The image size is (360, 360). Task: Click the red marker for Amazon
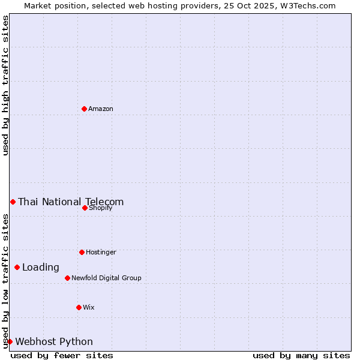84,109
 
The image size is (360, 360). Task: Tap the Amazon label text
101,109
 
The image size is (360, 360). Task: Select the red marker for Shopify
85,208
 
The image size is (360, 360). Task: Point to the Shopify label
101,208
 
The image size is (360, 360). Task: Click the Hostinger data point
82,252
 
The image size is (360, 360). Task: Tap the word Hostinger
101,253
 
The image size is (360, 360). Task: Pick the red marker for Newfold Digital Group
67,278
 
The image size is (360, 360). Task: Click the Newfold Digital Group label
106,278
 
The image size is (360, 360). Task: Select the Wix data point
79,307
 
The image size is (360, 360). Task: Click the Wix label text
89,308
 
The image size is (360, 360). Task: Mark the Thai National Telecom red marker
13,202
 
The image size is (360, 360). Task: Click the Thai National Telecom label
71,202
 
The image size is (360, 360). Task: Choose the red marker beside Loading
17,267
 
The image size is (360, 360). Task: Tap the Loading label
41,268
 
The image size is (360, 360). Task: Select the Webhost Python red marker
10,341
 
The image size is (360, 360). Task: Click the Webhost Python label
54,342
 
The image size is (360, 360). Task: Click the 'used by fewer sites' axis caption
62,356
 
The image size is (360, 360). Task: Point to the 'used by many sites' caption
301,356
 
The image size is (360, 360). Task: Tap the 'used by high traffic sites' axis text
5,85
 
